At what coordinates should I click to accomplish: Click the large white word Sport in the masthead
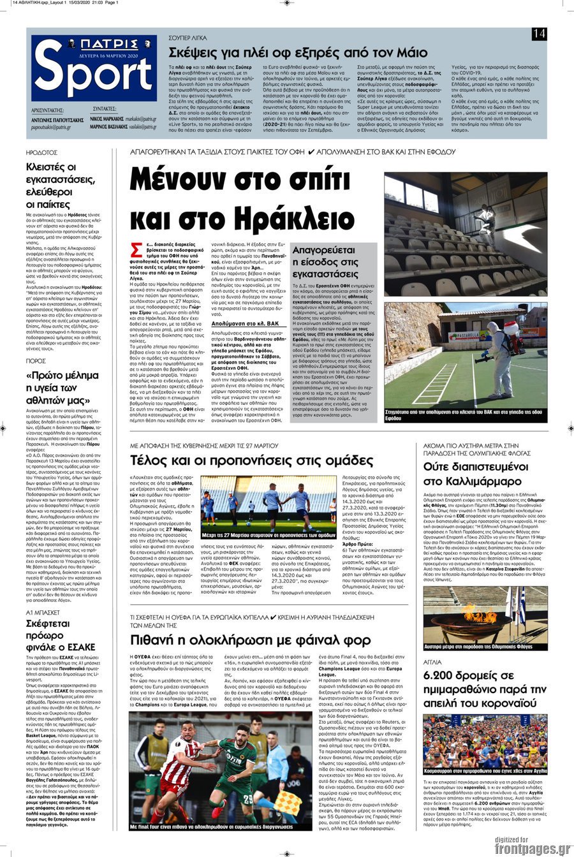pos(93,76)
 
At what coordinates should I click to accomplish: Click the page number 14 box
pos(539,34)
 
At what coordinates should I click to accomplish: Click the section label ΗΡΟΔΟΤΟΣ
pos(41,153)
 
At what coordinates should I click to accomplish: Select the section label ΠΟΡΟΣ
pos(36,360)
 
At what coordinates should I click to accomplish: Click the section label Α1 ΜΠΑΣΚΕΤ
pos(43,594)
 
